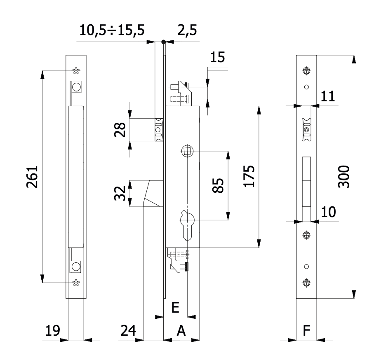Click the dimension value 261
click(x=32, y=177)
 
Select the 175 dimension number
click(x=249, y=176)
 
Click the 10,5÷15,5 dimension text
click(x=112, y=30)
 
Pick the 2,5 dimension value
click(x=187, y=30)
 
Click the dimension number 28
click(x=120, y=130)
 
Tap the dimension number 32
click(x=120, y=193)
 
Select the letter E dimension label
click(x=175, y=308)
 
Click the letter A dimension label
click(x=181, y=331)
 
